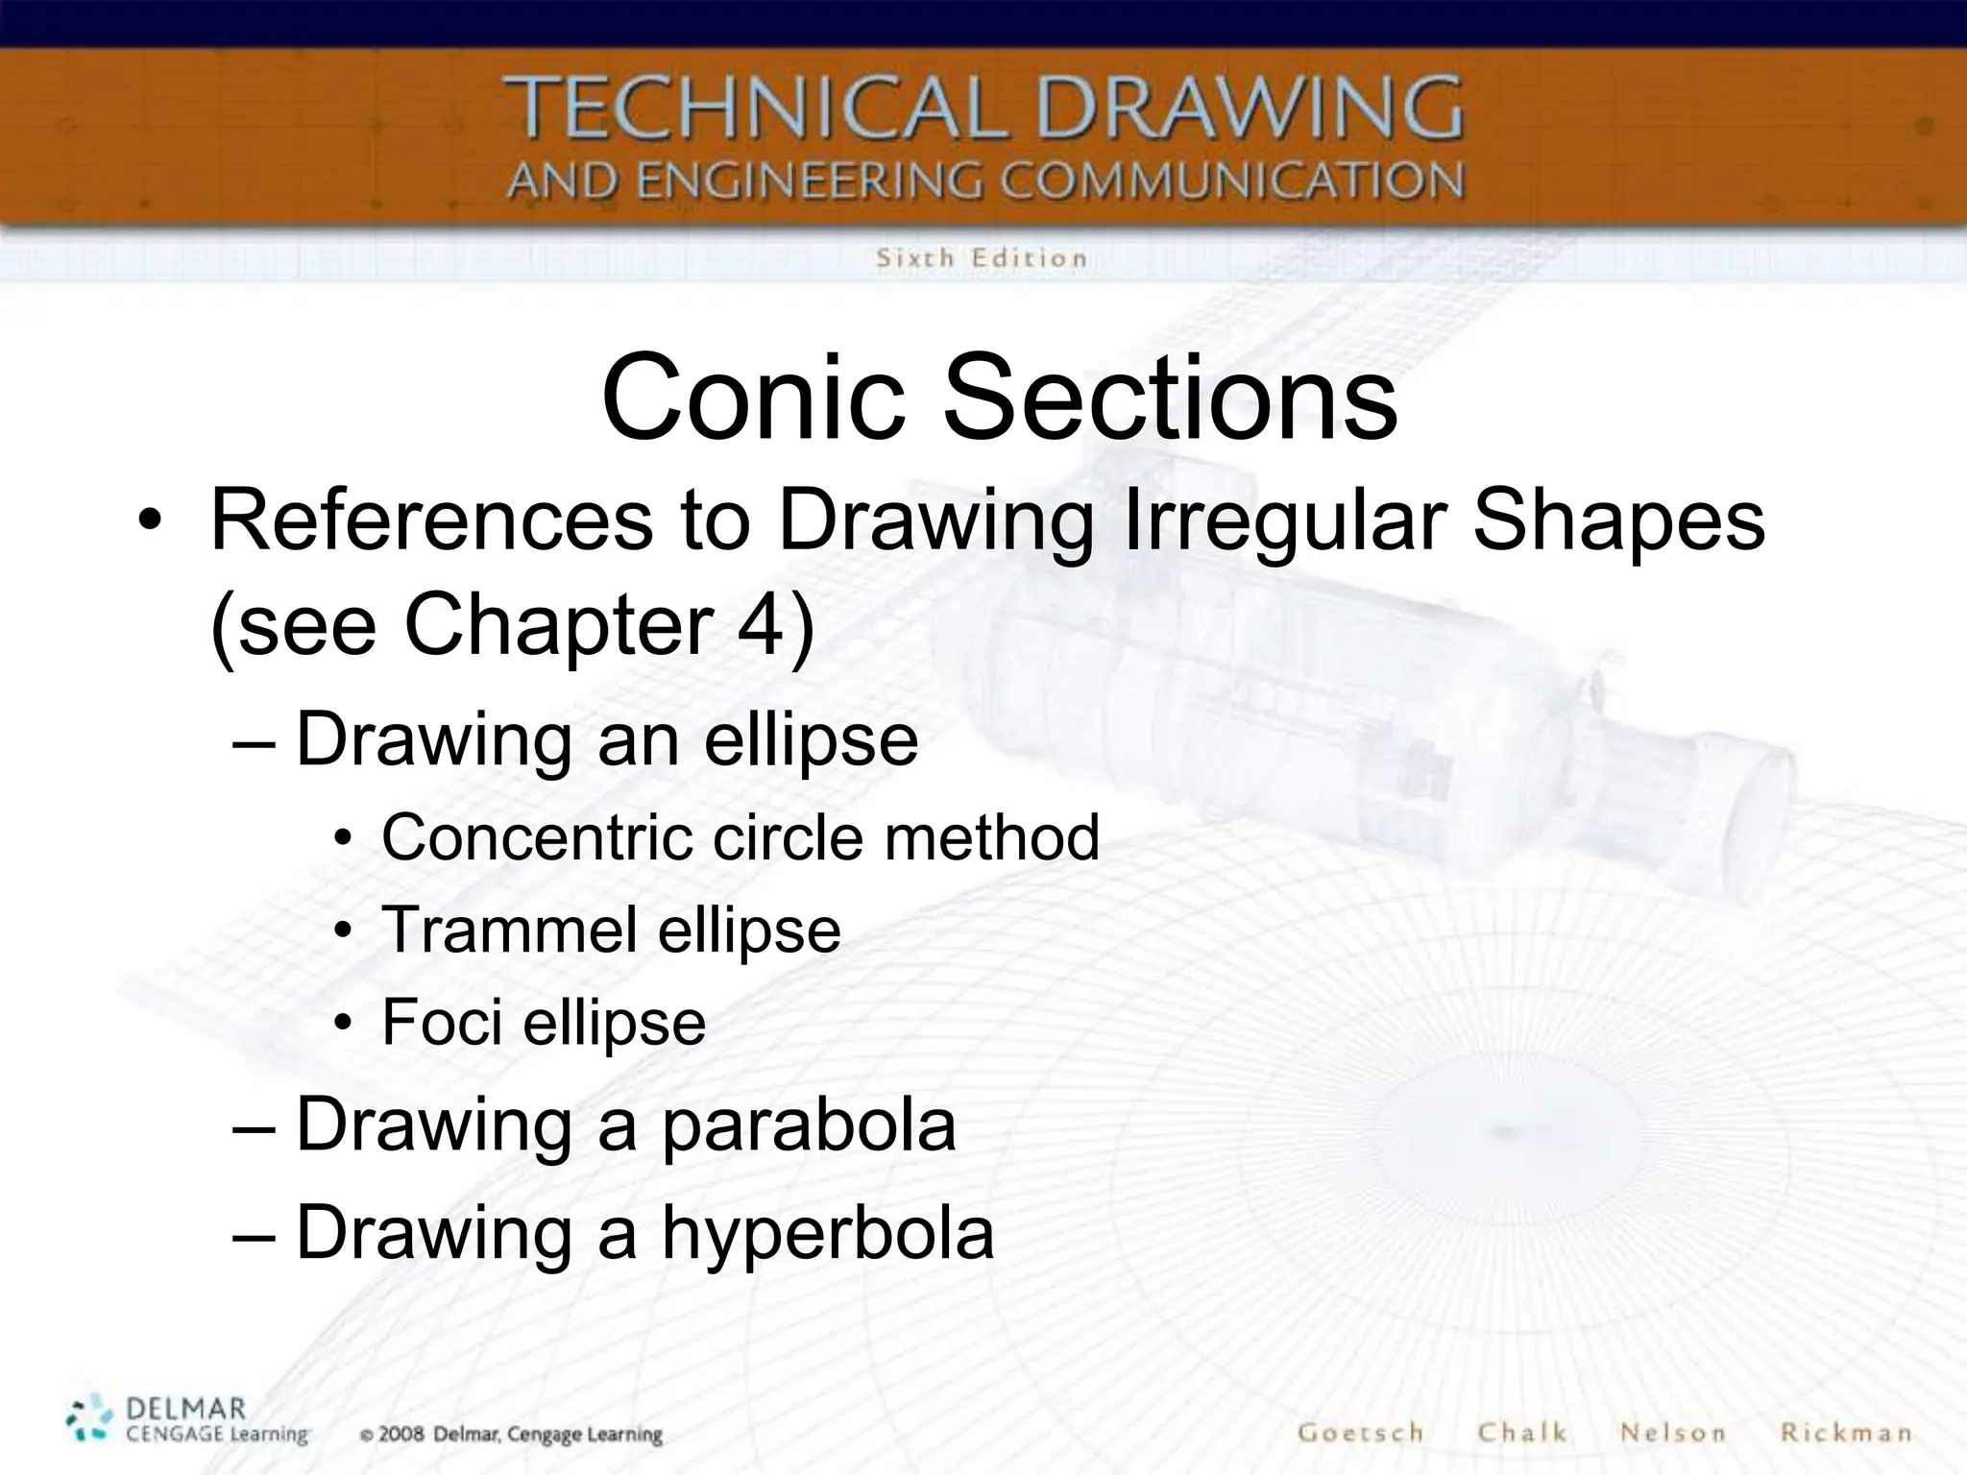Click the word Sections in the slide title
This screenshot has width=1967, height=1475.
1169,396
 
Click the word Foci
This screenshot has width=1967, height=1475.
442,1022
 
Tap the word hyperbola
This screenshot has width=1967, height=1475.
828,1232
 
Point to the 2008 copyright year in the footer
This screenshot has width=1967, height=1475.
401,1435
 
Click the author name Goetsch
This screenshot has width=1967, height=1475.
1360,1433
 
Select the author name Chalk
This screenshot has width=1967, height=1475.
1522,1433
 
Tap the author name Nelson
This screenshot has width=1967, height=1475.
1673,1433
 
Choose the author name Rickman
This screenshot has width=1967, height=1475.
1846,1433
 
